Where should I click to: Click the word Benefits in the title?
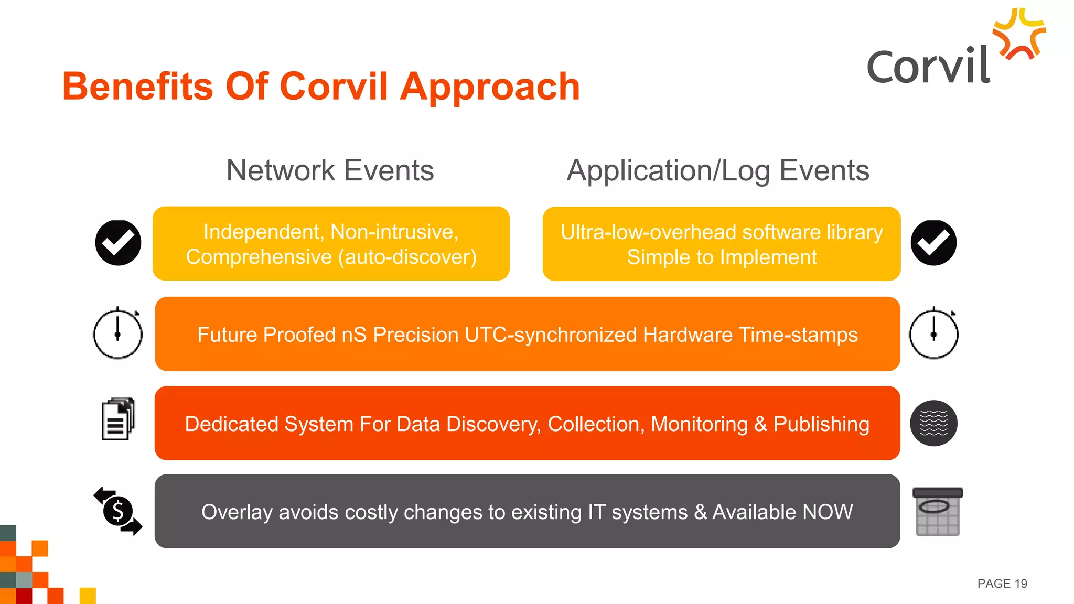tap(137, 87)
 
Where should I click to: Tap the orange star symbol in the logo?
tap(1019, 35)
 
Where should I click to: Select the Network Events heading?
tap(330, 170)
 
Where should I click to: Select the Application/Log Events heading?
tap(717, 170)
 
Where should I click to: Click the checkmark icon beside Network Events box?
tap(118, 243)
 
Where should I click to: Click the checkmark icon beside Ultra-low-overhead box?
tap(933, 243)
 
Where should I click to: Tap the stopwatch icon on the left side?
tap(117, 333)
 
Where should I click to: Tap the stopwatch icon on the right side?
tap(933, 333)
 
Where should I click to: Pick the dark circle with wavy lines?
tap(933, 423)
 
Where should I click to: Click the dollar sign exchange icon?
tap(118, 511)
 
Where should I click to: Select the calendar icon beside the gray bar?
tap(937, 512)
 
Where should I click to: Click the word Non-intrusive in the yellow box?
tap(394, 232)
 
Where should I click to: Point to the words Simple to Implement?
tap(722, 257)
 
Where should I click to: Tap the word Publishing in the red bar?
tap(821, 424)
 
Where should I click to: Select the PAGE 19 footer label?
tap(1002, 584)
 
